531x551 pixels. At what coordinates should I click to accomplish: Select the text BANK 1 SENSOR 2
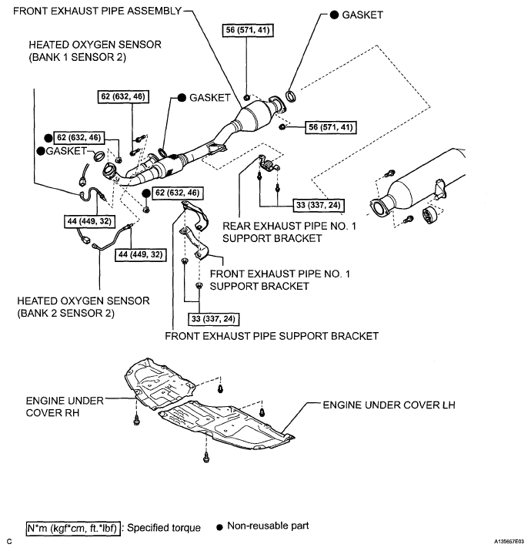click(77, 58)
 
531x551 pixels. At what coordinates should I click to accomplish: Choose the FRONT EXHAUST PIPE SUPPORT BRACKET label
click(272, 336)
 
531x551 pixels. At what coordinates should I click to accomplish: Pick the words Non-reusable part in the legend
click(268, 526)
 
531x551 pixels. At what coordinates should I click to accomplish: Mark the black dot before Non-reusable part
click(219, 528)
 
